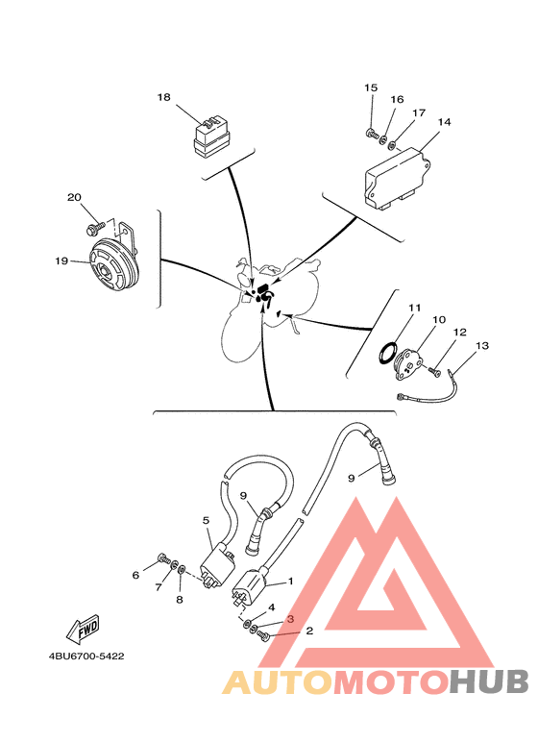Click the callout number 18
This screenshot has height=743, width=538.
164,97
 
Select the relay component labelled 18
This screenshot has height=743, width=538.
212,136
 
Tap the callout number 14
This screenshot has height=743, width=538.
444,122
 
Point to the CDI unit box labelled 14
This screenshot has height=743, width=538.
397,178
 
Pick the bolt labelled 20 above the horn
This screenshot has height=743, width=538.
95,229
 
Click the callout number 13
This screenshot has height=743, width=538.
481,346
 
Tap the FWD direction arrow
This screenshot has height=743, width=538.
83,629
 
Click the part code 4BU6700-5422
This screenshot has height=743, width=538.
86,656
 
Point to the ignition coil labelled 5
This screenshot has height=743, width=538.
217,566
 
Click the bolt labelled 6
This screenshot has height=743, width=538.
164,560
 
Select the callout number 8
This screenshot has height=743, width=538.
180,600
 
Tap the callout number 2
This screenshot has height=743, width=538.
309,631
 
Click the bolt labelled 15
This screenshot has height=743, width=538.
373,134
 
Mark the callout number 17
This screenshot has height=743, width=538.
419,112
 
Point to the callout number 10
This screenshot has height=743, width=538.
439,320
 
